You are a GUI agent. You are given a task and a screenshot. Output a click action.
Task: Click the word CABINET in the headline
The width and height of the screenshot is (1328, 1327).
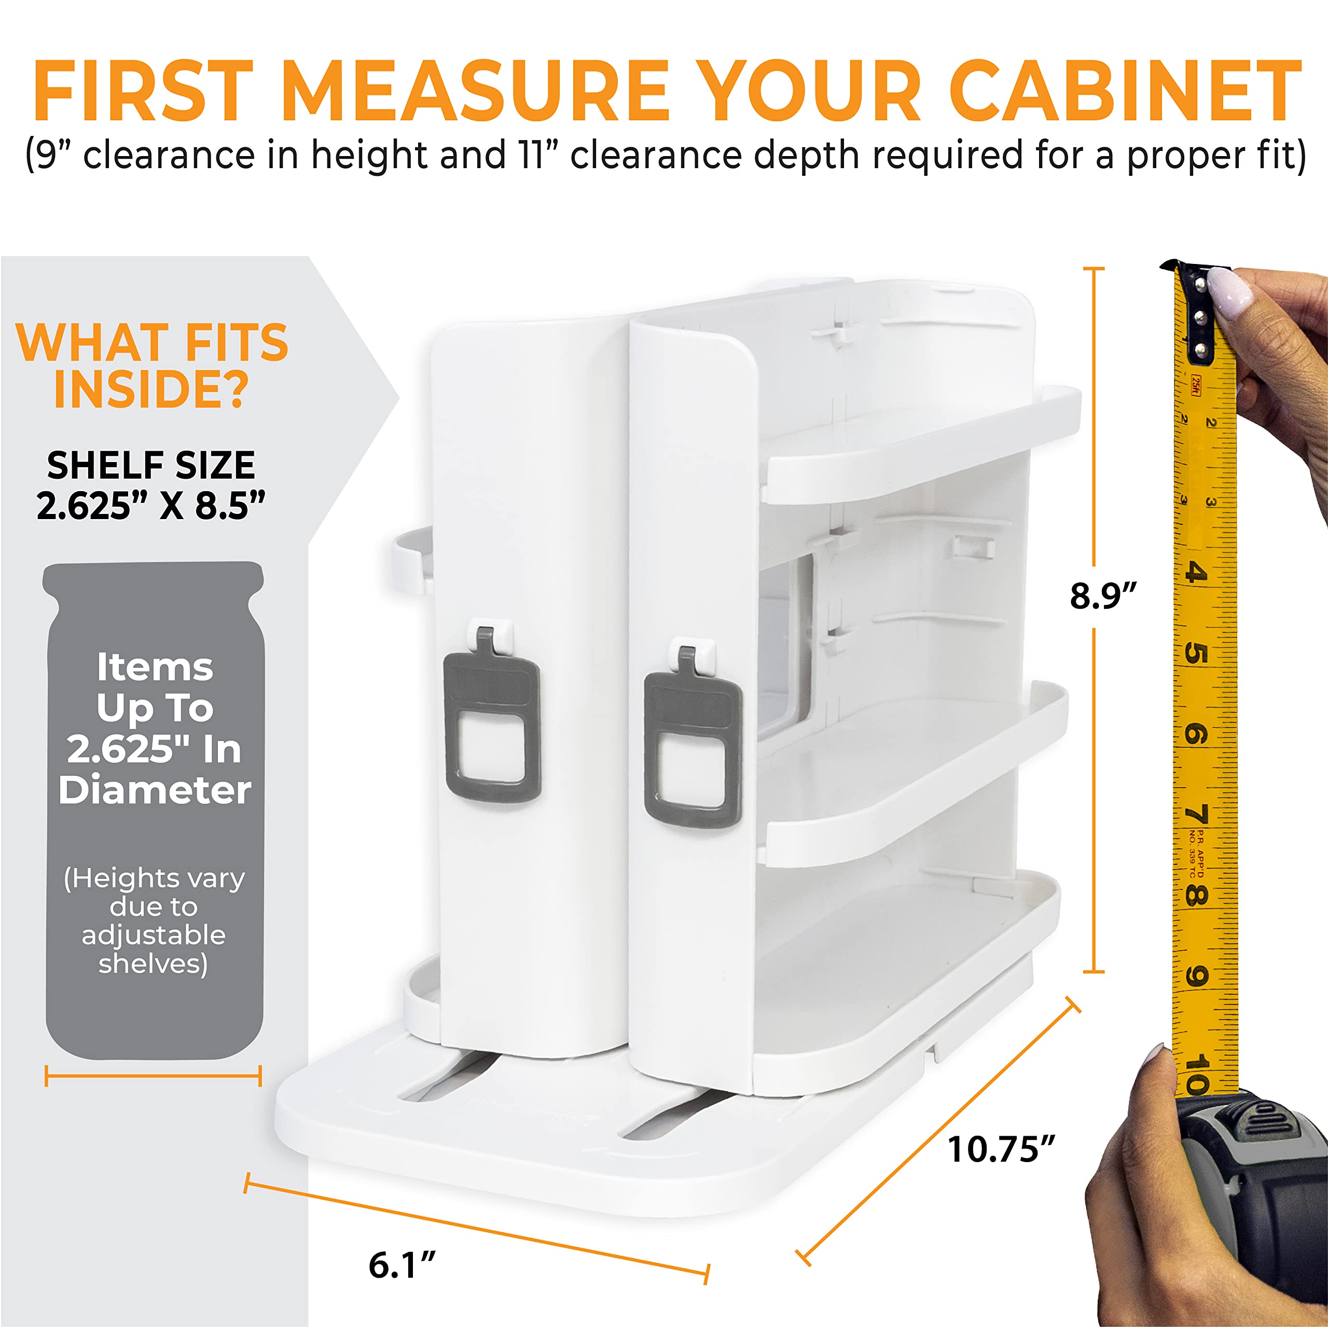[x=1127, y=91]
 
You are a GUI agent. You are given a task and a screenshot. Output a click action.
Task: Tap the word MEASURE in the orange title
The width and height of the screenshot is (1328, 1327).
[x=474, y=91]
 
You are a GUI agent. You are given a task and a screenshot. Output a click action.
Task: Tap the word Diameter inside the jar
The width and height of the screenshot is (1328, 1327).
[x=155, y=790]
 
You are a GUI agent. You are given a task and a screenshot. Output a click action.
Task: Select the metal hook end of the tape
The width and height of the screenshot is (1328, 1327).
[x=1197, y=309]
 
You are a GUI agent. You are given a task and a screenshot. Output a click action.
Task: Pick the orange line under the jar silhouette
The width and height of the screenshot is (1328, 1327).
[x=153, y=1075]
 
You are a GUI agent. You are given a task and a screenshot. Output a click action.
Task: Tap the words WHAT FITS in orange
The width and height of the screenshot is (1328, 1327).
[x=152, y=342]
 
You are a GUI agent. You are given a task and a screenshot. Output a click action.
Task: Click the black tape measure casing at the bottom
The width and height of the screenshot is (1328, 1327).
[x=1258, y=1189]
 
